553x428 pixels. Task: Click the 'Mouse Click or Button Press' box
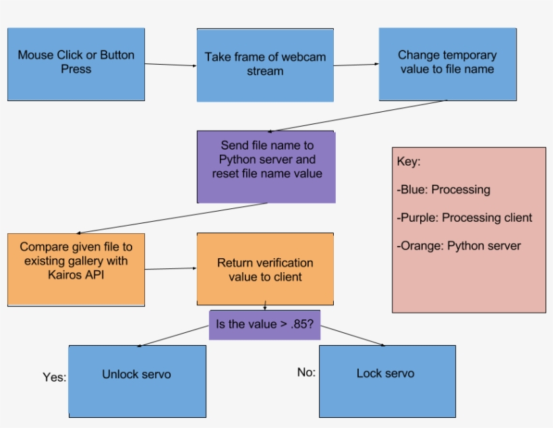coord(76,64)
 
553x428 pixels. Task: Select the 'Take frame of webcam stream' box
coord(265,64)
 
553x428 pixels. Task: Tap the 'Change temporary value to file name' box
coord(447,64)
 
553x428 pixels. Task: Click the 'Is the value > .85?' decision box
coord(264,324)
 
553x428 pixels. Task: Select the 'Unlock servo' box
coord(137,381)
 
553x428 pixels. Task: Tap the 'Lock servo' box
coord(386,381)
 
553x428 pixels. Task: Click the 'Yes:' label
coord(54,377)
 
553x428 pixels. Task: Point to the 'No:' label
coord(306,372)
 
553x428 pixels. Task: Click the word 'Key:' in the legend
coord(409,162)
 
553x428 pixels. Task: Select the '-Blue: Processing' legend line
coord(443,189)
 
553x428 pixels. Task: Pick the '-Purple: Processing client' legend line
coord(464,218)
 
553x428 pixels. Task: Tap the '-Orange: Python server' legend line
coord(459,245)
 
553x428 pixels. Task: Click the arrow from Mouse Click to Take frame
coord(171,65)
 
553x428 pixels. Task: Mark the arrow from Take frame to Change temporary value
coord(356,65)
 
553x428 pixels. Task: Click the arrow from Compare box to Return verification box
coord(171,269)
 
